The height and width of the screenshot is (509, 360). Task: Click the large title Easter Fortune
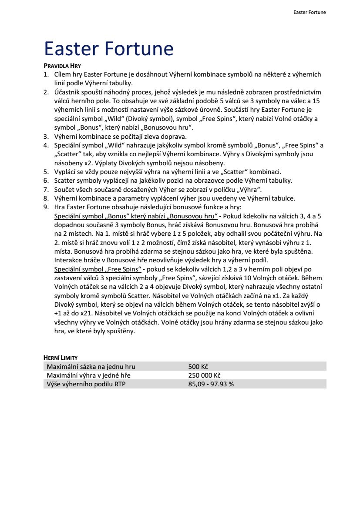point(109,48)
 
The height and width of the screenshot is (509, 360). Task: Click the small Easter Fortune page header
point(310,12)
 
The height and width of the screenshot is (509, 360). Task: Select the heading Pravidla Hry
point(63,66)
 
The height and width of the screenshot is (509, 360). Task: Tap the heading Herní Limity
point(61,357)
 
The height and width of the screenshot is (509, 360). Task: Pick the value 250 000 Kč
point(205,375)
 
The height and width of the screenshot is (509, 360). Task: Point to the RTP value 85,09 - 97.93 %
point(211,384)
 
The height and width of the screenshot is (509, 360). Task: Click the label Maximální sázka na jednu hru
point(91,366)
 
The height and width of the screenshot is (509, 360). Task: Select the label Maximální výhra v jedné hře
point(88,375)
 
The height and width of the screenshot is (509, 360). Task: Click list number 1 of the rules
point(46,74)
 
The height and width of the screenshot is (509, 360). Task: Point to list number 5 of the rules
point(46,171)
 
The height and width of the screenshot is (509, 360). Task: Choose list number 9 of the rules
point(46,207)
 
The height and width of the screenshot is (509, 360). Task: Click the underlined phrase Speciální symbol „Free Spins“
point(97,269)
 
